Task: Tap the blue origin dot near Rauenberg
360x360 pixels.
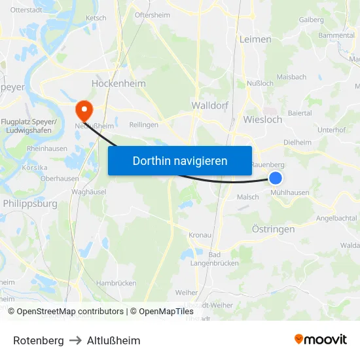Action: click(x=276, y=178)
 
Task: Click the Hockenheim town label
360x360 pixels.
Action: click(x=118, y=84)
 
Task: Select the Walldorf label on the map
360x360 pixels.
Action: click(x=209, y=105)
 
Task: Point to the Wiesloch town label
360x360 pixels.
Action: click(x=262, y=120)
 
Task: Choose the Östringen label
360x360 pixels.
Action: click(x=274, y=229)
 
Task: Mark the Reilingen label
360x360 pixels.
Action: click(x=144, y=124)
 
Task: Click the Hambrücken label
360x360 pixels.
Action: click(x=117, y=283)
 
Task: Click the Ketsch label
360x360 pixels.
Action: click(x=96, y=18)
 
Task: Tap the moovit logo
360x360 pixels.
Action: click(x=321, y=340)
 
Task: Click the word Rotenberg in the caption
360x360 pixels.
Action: click(x=39, y=340)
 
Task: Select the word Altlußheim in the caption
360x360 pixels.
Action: click(x=113, y=340)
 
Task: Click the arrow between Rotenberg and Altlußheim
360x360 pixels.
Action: click(x=75, y=340)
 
